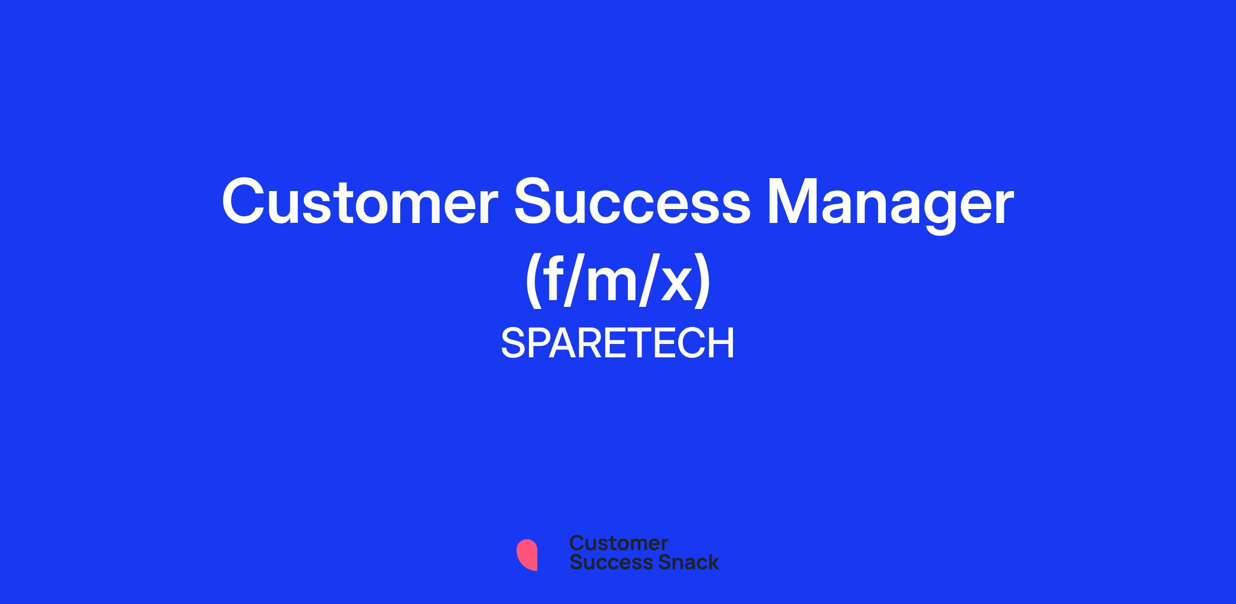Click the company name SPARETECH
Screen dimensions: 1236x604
(617, 343)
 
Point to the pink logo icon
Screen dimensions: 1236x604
(527, 555)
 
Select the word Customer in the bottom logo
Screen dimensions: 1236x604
(619, 543)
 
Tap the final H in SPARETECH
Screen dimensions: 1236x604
(720, 343)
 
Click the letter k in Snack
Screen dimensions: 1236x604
(712, 562)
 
